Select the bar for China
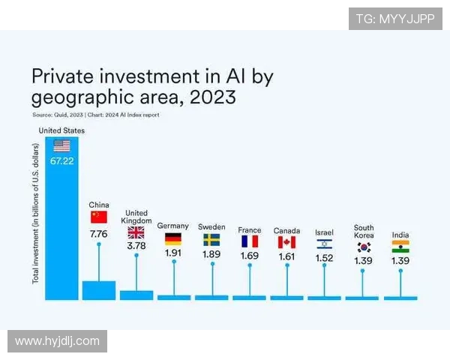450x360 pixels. [98, 290]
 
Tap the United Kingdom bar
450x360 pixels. [136, 295]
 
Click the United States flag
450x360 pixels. [61, 145]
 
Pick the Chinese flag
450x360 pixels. [99, 217]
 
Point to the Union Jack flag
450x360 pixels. [136, 232]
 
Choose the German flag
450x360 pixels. [173, 240]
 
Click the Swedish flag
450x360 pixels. [211, 240]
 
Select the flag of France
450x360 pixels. [249, 241]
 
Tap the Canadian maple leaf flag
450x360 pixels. [286, 241]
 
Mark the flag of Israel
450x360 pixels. [324, 244]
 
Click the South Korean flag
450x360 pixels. [364, 247]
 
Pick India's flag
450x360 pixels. [400, 247]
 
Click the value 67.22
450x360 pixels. [61, 161]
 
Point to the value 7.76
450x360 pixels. [99, 234]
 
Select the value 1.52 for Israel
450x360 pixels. [324, 258]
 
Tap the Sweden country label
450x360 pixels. [211, 226]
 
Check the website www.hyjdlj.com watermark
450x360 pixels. [57, 341]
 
